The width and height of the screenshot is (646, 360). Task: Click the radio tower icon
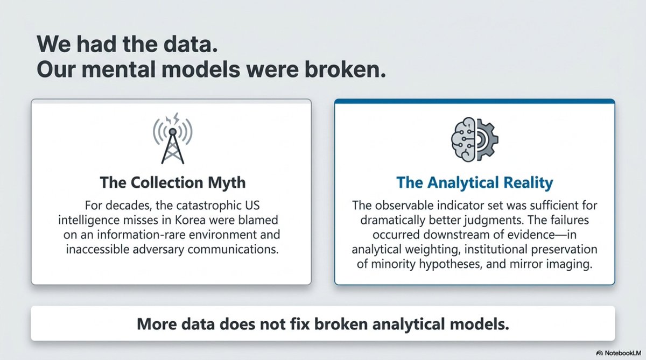[172, 138]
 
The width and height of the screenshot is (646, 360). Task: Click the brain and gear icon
[475, 139]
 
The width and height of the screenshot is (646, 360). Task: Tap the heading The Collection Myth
[172, 182]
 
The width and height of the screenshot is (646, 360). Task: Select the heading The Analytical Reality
[475, 183]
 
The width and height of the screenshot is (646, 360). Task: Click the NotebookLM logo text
[623, 353]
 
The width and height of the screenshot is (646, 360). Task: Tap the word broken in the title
[345, 69]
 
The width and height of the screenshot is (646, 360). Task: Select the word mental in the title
[119, 69]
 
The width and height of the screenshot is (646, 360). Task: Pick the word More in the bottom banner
[157, 324]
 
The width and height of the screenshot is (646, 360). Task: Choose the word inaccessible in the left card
[98, 249]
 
